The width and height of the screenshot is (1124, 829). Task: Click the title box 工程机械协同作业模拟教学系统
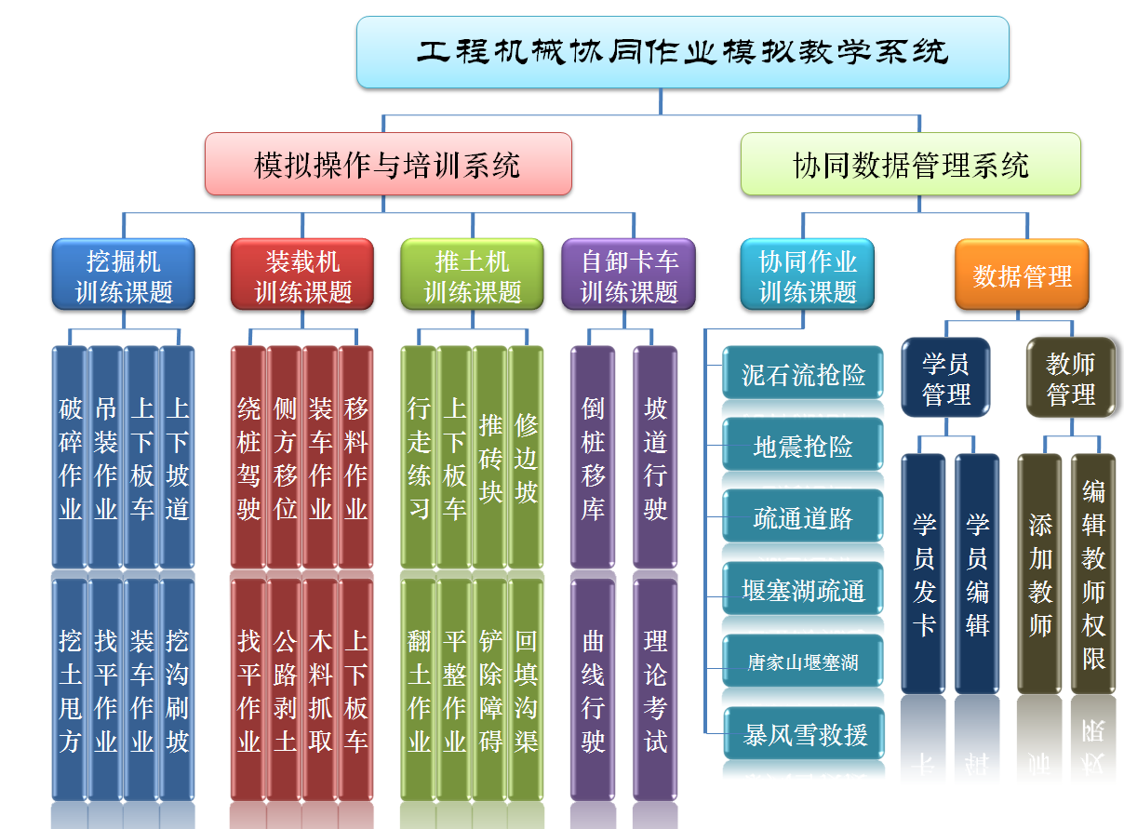point(682,52)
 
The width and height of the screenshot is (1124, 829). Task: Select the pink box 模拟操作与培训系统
point(388,165)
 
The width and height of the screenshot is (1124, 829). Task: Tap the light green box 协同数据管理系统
point(910,165)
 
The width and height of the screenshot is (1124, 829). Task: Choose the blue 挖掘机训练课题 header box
point(124,275)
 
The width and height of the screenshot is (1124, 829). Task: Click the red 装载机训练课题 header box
point(302,275)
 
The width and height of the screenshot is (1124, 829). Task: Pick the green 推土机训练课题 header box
point(472,275)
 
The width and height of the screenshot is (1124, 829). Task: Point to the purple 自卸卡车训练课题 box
point(629,275)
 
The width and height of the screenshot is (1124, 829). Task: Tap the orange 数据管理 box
point(1022,275)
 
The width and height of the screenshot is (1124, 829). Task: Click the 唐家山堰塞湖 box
point(803,662)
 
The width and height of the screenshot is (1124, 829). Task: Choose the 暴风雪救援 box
point(803,734)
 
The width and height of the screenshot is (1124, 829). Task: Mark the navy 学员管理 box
point(945,378)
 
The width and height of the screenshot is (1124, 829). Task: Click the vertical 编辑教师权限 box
point(1093,574)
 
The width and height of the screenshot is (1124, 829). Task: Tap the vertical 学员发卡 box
point(924,574)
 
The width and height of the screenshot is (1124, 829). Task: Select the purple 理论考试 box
point(655,690)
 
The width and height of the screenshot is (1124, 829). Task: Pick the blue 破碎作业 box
point(70,458)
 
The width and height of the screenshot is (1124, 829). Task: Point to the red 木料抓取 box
point(320,690)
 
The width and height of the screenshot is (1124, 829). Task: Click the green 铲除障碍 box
point(490,690)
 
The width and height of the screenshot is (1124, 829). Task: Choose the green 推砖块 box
point(490,458)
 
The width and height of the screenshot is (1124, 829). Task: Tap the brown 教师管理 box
point(1070,378)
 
